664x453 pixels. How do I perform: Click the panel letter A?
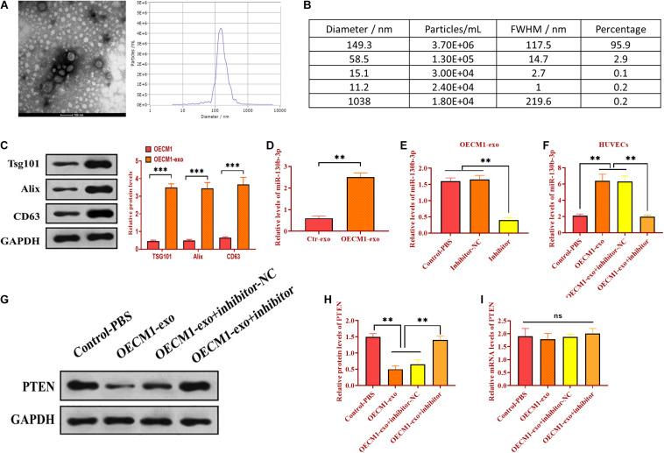pyautogui.click(x=7, y=7)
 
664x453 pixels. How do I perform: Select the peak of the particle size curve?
pyautogui.click(x=221, y=29)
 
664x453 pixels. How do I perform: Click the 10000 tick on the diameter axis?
pyautogui.click(x=279, y=112)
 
